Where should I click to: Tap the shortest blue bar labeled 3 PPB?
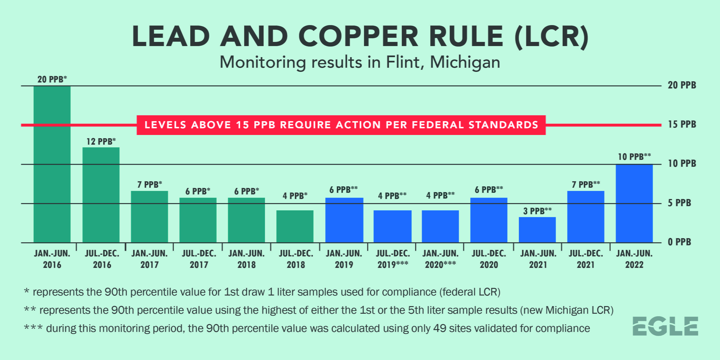[x=537, y=230]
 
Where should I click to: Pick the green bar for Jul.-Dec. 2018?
[x=295, y=226]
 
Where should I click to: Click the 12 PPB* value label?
[x=101, y=141]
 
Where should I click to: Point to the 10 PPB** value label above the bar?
[x=634, y=157]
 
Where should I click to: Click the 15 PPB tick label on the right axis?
[x=682, y=124]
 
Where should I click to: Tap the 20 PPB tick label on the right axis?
[x=682, y=85]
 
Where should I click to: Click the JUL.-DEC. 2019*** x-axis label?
[x=393, y=259]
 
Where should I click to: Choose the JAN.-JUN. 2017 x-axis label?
[x=150, y=259]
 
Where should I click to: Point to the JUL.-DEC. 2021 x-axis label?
[x=585, y=259]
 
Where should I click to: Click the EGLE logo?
[x=665, y=326]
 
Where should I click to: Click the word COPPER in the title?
[x=358, y=36]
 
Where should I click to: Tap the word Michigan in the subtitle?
[x=465, y=62]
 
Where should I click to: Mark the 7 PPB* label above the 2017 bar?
[x=150, y=184]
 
